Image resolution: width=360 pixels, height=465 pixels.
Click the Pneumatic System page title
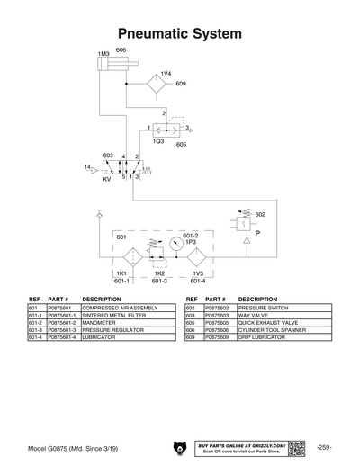pyautogui.click(x=180, y=33)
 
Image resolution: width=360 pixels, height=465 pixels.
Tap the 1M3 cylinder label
pyautogui.click(x=103, y=56)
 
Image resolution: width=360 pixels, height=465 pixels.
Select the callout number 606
pyautogui.click(x=121, y=49)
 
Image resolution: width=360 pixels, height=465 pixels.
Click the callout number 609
pyautogui.click(x=181, y=84)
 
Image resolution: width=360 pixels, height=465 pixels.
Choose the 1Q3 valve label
pyautogui.click(x=157, y=141)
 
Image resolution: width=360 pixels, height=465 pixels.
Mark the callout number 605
pyautogui.click(x=181, y=144)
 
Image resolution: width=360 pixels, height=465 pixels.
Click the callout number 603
pyautogui.click(x=107, y=156)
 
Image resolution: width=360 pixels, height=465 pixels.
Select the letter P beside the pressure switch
pyautogui.click(x=259, y=233)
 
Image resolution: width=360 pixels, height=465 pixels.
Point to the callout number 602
pyautogui.click(x=260, y=215)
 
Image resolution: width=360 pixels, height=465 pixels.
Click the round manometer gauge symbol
pyautogui.click(x=175, y=244)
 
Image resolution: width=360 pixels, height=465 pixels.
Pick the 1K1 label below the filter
pyautogui.click(x=121, y=273)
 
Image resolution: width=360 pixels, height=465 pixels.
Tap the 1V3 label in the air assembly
pyautogui.click(x=198, y=273)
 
